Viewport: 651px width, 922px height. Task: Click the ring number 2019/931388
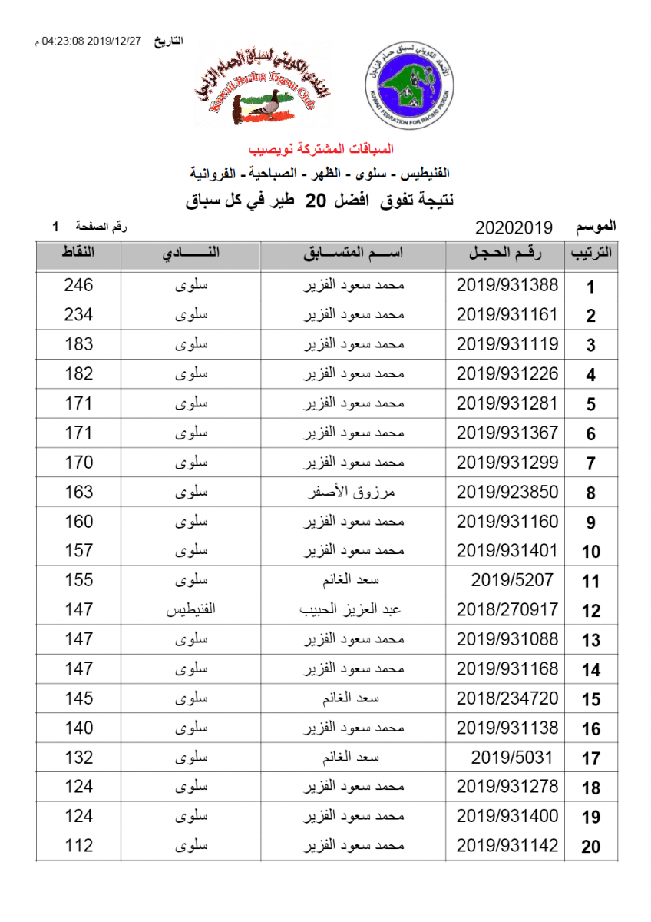pyautogui.click(x=507, y=285)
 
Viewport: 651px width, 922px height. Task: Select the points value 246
pyautogui.click(x=79, y=285)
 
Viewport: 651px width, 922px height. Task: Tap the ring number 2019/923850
pyautogui.click(x=507, y=492)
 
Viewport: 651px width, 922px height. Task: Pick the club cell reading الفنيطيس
pyautogui.click(x=190, y=611)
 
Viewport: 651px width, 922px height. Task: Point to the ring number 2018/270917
pyautogui.click(x=507, y=610)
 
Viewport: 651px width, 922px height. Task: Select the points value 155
pyautogui.click(x=79, y=581)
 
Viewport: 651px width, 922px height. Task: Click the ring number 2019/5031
pyautogui.click(x=512, y=758)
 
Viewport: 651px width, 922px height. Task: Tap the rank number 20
pyautogui.click(x=590, y=847)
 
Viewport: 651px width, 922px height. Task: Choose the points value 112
pyautogui.click(x=79, y=846)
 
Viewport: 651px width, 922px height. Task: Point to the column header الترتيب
pyautogui.click(x=591, y=256)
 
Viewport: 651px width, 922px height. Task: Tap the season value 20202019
pyautogui.click(x=514, y=227)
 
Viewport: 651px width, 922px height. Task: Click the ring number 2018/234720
pyautogui.click(x=507, y=698)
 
